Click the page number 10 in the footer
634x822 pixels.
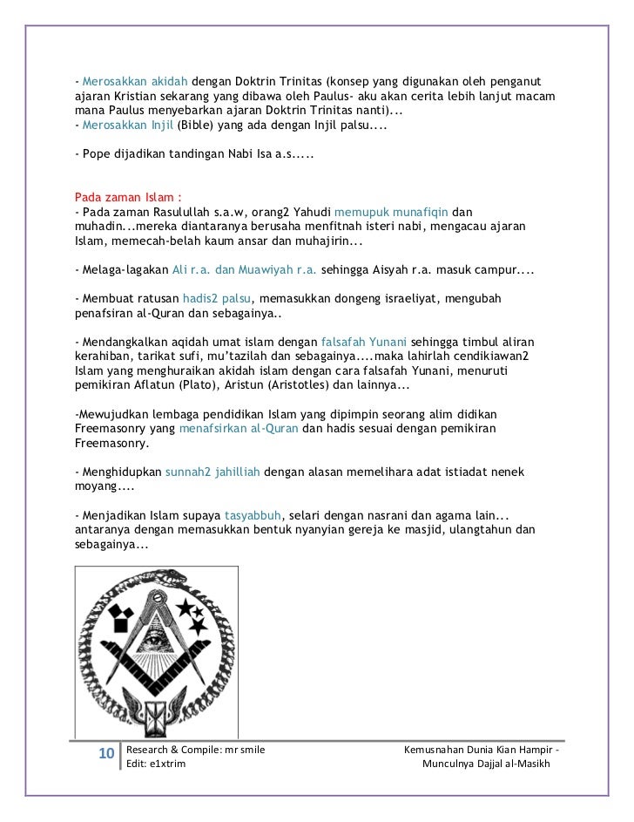(105, 753)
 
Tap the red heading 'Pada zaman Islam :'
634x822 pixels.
(127, 196)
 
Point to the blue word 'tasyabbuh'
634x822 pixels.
(254, 512)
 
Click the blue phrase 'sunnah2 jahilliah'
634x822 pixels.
(212, 471)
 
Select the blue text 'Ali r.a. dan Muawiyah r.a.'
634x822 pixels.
(245, 269)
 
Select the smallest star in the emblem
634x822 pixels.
(206, 610)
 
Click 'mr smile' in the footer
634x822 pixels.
(240, 749)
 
